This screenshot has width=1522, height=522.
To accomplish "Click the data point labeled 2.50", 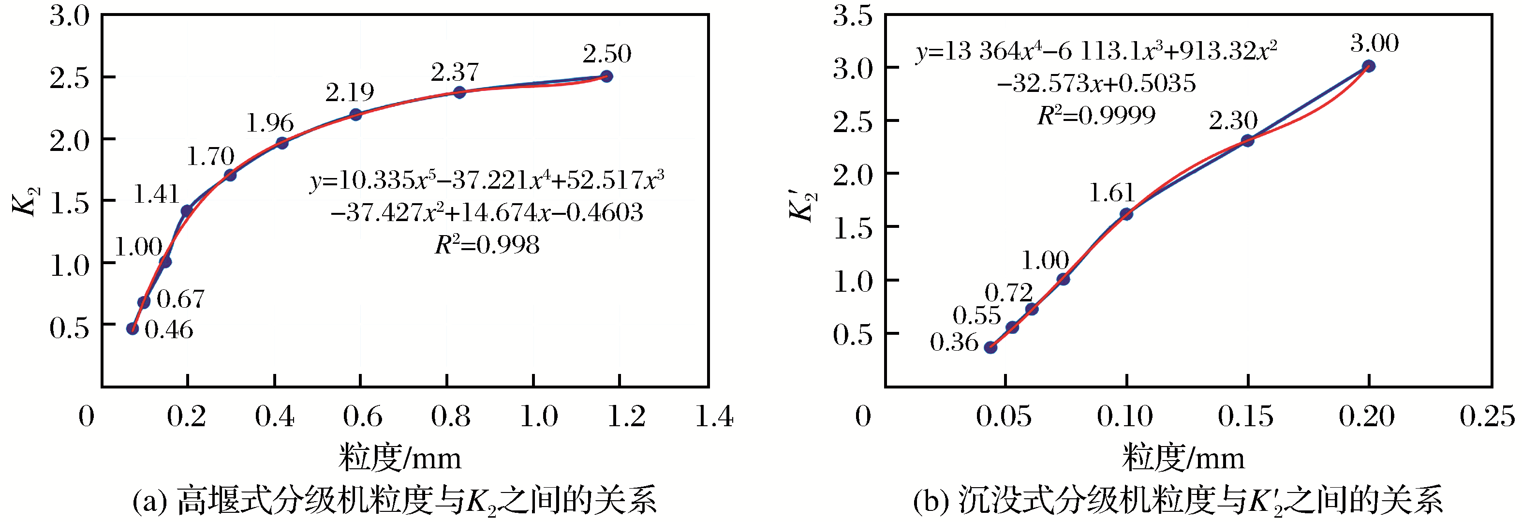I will [x=606, y=76].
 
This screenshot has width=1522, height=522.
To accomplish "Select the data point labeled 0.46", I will [x=133, y=328].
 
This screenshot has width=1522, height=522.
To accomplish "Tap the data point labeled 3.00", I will [x=1368, y=66].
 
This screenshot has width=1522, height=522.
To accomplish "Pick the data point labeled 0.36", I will [x=991, y=348].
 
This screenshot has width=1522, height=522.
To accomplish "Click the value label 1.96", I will [x=270, y=123].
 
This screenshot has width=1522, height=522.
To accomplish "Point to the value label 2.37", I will [x=454, y=73].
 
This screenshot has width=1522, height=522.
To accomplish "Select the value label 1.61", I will [x=1111, y=194].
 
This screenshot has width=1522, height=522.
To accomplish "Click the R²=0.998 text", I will [x=487, y=245].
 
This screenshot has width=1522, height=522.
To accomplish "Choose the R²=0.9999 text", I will [x=1096, y=115].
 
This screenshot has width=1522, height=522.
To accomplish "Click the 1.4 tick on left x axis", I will [x=714, y=416].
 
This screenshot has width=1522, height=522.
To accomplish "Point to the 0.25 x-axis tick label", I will [x=1487, y=416].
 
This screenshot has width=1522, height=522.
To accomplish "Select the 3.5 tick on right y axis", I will [x=853, y=16].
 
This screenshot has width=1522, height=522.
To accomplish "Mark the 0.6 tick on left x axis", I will [x=362, y=416].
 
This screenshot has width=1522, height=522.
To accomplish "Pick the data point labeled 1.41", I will [x=187, y=210].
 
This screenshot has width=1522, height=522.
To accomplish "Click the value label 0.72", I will [x=1008, y=293].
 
